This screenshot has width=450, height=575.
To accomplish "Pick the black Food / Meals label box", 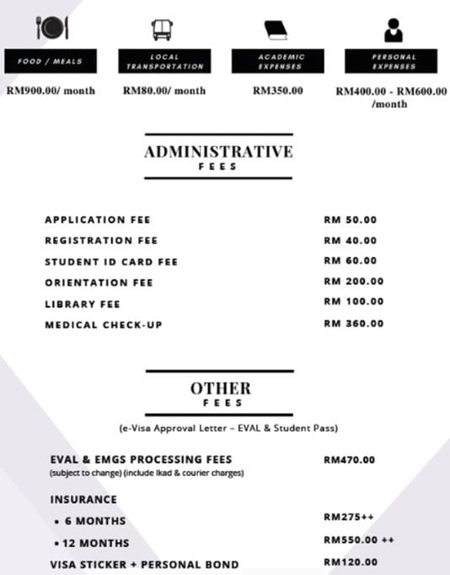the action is click(x=51, y=62).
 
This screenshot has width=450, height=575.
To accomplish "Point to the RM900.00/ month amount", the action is click(x=51, y=90).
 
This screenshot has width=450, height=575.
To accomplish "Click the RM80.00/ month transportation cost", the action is click(x=164, y=90).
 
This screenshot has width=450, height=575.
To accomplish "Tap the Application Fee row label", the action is click(x=97, y=220).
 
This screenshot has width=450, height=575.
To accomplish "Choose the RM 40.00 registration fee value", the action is click(x=350, y=240).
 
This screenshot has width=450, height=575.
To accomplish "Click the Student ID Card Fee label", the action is click(x=111, y=261).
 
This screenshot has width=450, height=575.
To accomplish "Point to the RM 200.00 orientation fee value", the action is click(x=353, y=282).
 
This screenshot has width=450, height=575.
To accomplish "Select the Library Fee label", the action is click(x=83, y=304).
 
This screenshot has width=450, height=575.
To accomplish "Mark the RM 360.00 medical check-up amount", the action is click(x=353, y=323).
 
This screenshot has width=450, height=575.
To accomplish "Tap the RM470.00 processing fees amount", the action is click(x=349, y=460).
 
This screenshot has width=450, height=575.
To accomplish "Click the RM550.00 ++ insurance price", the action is click(x=358, y=540).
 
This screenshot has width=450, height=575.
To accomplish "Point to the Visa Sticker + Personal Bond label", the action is click(x=144, y=563).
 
